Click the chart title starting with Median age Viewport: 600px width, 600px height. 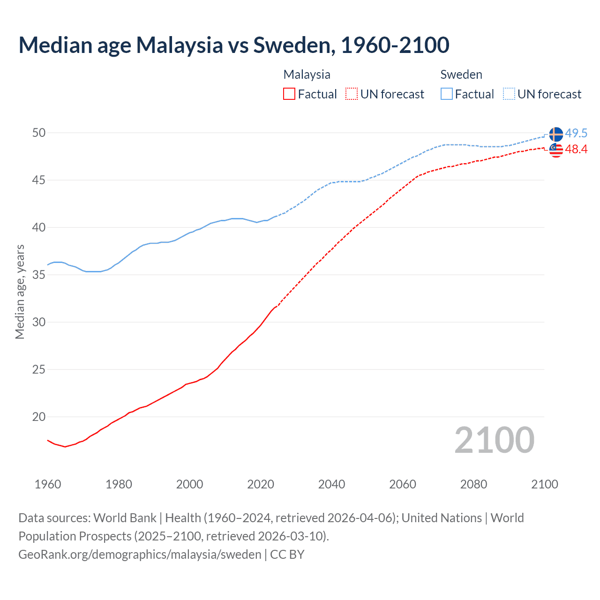[x=234, y=45]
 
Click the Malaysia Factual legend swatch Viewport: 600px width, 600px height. [x=289, y=94]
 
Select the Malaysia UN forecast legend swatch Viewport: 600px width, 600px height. [x=352, y=94]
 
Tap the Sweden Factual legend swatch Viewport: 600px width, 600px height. [x=447, y=94]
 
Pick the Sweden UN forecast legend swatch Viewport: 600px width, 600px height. [x=509, y=94]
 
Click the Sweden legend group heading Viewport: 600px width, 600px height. [x=461, y=75]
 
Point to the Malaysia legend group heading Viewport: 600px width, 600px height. [x=307, y=75]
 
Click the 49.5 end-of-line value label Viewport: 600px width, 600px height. [x=576, y=134]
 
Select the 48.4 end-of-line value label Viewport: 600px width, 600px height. [x=576, y=150]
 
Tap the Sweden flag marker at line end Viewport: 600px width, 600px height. [x=556, y=134]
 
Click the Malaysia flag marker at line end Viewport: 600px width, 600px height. [x=556, y=150]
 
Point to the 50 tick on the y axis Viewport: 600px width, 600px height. [x=39, y=133]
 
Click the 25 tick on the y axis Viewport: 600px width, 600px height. [x=39, y=370]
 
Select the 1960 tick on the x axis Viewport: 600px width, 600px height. [x=48, y=484]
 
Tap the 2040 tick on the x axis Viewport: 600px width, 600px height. [x=331, y=484]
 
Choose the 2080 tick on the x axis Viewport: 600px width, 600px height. [x=473, y=484]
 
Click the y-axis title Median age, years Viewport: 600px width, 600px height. [x=20, y=292]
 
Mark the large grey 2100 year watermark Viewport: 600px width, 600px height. [x=495, y=440]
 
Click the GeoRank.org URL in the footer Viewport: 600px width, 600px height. [x=140, y=555]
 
